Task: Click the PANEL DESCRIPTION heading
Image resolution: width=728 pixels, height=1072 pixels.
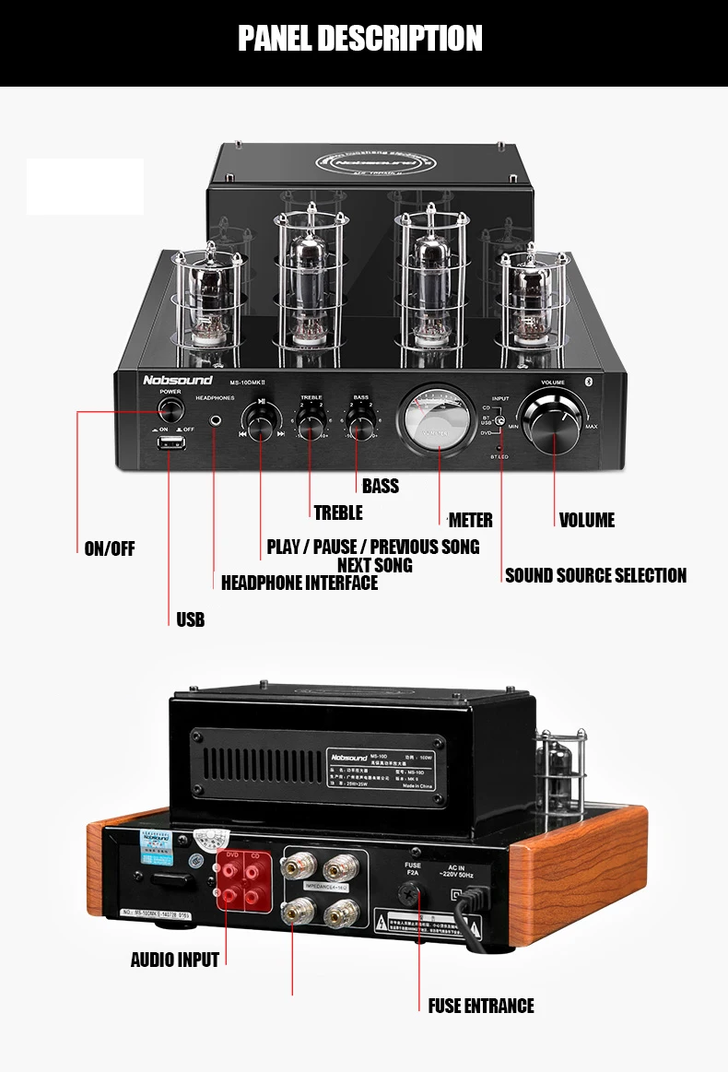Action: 360,39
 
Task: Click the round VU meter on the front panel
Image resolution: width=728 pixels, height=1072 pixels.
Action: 438,420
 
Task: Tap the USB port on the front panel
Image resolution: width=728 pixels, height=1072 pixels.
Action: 170,446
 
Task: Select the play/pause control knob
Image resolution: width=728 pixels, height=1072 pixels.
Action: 262,423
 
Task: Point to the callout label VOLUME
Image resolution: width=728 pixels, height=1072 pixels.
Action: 586,520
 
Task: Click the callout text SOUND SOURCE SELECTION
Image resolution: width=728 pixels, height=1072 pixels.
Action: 595,575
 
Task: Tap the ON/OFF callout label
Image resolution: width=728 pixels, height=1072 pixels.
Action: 110,549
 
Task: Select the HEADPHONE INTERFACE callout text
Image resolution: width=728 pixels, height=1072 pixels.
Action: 299,583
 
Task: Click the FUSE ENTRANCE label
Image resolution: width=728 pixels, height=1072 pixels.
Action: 481,1006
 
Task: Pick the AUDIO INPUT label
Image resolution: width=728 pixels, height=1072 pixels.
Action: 175,960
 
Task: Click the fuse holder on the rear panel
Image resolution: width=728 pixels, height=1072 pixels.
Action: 411,892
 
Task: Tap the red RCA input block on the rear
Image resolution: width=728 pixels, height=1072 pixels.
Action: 241,881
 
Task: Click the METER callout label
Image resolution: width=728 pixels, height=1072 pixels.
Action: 470,520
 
